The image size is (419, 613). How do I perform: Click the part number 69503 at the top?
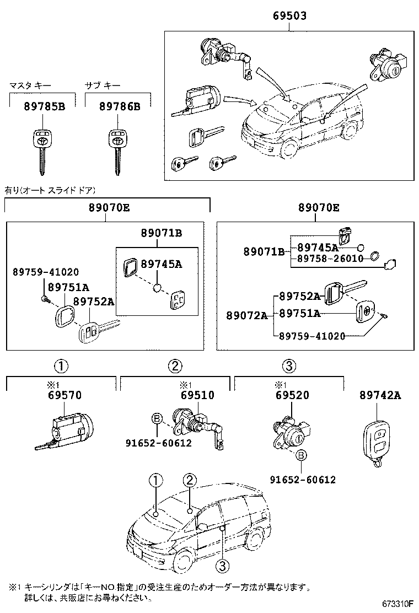pos(289,17)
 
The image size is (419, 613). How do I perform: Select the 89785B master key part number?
pos(44,106)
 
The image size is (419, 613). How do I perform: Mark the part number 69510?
pos(197,395)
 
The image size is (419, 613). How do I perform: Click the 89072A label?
pos(246,315)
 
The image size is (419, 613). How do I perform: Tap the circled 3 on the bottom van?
pos(222,566)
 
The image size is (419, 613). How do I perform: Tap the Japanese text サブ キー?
pos(102,85)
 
